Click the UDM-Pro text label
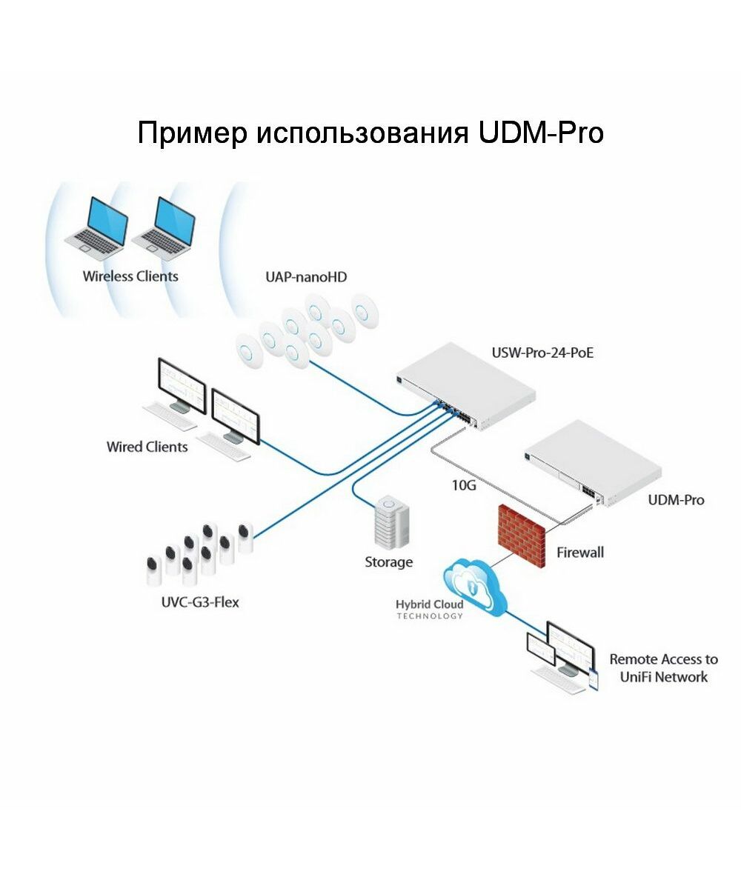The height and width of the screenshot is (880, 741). (x=676, y=500)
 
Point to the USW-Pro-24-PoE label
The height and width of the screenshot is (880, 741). (x=542, y=353)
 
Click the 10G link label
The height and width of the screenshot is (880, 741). (x=463, y=486)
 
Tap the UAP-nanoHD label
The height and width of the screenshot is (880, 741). (x=306, y=278)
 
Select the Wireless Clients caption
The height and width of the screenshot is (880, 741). (x=130, y=276)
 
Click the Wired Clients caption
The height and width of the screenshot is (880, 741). (x=147, y=447)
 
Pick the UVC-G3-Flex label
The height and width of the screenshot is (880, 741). (x=200, y=601)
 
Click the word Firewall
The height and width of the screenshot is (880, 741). (x=580, y=552)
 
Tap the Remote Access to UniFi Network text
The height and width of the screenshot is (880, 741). (x=658, y=667)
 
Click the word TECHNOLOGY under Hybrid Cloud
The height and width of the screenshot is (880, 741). (x=429, y=616)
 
